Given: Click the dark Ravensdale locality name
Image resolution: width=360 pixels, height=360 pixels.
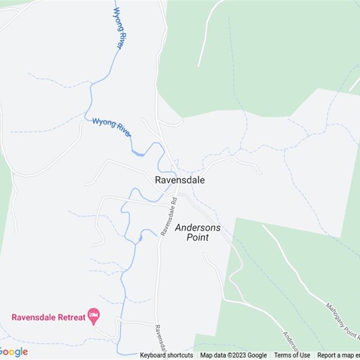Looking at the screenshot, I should pyautogui.click(x=180, y=180).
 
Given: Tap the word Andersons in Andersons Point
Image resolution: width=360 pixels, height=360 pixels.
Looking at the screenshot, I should pyautogui.click(x=198, y=228).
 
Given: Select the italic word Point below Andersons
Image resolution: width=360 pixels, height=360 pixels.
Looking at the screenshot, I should pyautogui.click(x=198, y=237).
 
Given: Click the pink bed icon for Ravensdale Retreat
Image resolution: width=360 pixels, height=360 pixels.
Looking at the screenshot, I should pyautogui.click(x=94, y=316).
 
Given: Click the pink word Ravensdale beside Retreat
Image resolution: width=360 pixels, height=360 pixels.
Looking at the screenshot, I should pyautogui.click(x=33, y=317).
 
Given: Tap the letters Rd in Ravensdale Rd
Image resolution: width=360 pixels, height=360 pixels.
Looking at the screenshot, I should pyautogui.click(x=174, y=202).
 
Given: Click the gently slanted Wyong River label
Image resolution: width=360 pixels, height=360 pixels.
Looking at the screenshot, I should pyautogui.click(x=112, y=127).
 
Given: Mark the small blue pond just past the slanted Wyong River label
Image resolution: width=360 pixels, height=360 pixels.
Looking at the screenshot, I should pyautogui.click(x=139, y=154).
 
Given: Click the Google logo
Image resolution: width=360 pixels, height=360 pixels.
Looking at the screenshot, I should pyautogui.click(x=13, y=352).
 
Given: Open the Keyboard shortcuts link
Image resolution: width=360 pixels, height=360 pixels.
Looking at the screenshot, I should pyautogui.click(x=166, y=355).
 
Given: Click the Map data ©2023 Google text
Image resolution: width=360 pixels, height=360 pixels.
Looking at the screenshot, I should pyautogui.click(x=234, y=355).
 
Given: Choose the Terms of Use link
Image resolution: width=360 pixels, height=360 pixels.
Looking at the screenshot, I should pyautogui.click(x=292, y=355).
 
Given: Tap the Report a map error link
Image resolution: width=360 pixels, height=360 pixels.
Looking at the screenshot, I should pyautogui.click(x=338, y=355).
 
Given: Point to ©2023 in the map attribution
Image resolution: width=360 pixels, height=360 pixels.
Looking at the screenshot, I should pyautogui.click(x=237, y=355).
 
